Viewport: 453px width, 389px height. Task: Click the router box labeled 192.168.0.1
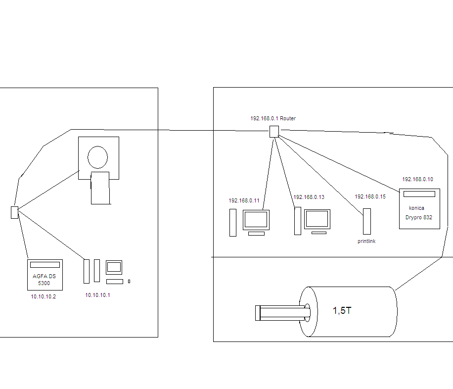274,131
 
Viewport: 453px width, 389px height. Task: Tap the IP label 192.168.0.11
244,201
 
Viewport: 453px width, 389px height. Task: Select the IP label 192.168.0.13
309,197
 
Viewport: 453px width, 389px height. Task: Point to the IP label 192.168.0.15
370,197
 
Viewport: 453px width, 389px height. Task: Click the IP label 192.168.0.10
417,179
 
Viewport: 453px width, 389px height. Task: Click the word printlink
366,242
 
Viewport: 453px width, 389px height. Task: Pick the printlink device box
366,221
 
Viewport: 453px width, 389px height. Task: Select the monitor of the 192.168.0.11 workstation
256,220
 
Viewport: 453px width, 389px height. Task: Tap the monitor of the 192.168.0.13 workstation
317,219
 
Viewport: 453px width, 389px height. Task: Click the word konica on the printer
417,208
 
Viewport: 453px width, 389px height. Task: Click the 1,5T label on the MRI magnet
342,311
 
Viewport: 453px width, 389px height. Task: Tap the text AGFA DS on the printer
44,276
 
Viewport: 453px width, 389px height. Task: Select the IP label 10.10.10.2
43,296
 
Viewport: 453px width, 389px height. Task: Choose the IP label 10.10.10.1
98,295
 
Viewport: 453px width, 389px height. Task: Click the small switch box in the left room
14,212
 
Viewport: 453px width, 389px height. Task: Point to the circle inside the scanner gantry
97,157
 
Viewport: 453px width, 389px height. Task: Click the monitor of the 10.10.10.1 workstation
114,267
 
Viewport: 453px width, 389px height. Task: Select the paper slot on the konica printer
419,194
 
